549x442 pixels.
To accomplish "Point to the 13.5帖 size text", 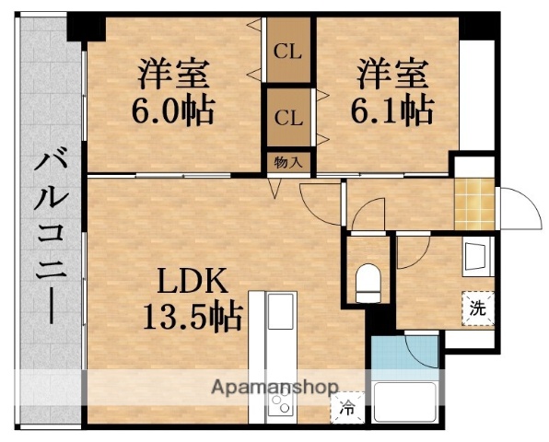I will (x=192, y=317).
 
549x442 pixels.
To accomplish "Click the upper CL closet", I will (x=288, y=52).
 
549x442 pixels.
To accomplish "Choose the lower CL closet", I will (x=288, y=118).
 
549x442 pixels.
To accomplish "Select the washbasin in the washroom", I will (x=475, y=256).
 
